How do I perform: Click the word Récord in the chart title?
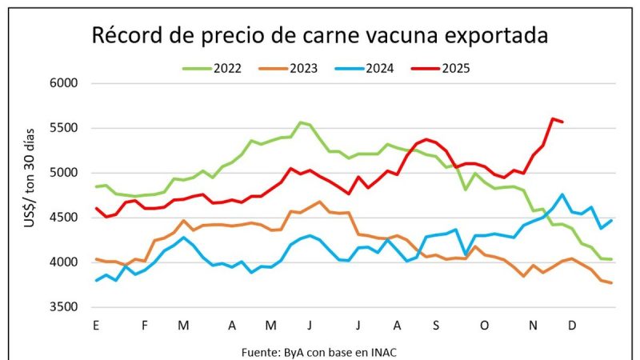click(127, 36)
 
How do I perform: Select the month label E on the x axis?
click(96, 326)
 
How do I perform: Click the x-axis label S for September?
click(436, 326)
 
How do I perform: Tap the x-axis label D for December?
click(572, 326)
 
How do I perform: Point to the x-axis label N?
click(532, 326)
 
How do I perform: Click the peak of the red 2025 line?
click(553, 119)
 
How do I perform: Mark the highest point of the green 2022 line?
click(300, 122)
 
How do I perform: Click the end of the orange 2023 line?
click(612, 282)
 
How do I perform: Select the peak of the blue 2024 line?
click(563, 194)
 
